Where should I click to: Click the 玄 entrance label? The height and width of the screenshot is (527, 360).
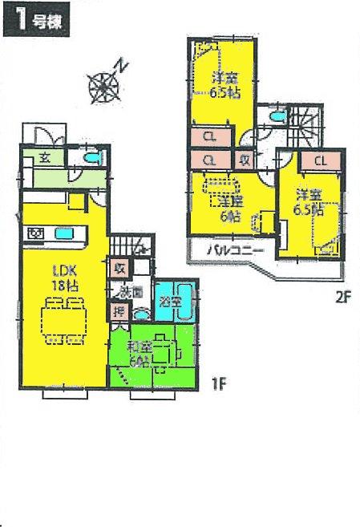[47, 156]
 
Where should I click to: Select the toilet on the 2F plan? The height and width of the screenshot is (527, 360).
[276, 117]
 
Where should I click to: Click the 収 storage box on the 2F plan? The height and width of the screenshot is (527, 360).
[245, 160]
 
